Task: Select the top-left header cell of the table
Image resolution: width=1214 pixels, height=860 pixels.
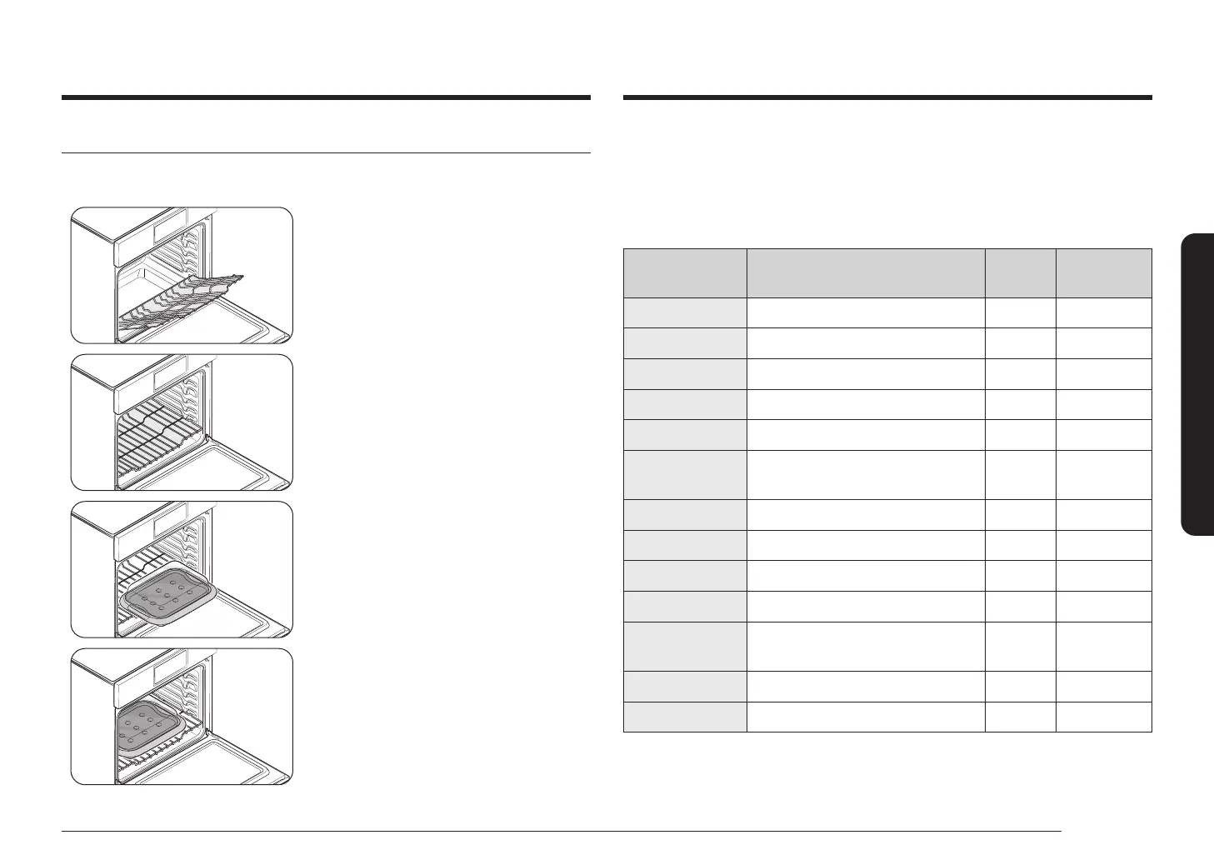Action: pyautogui.click(x=685, y=272)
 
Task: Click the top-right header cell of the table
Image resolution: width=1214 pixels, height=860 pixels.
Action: pyautogui.click(x=1103, y=272)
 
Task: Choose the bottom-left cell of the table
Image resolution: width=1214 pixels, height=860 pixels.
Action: pyautogui.click(x=685, y=717)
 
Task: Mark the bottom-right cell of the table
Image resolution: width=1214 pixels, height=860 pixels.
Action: pyautogui.click(x=1103, y=717)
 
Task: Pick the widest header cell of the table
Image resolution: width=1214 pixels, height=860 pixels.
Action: pyautogui.click(x=866, y=272)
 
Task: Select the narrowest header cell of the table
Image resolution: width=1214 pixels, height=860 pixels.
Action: pyautogui.click(x=1020, y=272)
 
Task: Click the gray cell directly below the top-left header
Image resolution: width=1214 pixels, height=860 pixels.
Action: pyautogui.click(x=685, y=312)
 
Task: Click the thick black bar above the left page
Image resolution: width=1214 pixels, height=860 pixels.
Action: pyautogui.click(x=326, y=97)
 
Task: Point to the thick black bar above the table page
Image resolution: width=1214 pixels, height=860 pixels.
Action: pyautogui.click(x=887, y=97)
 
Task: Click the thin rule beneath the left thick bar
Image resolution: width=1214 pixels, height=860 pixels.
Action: pyautogui.click(x=326, y=153)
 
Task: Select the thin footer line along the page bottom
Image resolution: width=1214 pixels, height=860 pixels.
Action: pyautogui.click(x=562, y=831)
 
